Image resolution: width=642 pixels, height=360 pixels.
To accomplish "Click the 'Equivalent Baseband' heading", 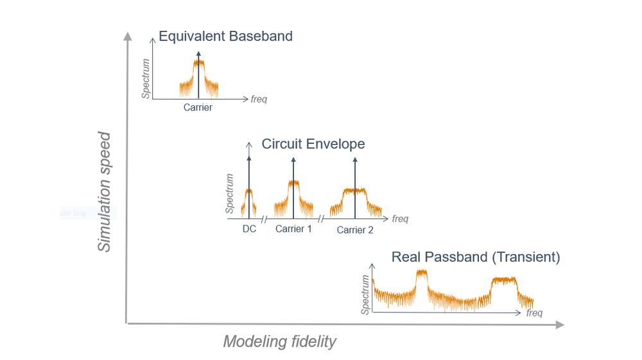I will tap(225, 36).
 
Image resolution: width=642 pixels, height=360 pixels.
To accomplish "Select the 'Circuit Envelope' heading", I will tap(313, 144).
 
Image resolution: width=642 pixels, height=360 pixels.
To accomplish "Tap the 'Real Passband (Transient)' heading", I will tap(476, 257).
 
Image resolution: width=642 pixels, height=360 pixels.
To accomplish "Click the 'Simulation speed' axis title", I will tap(105, 192).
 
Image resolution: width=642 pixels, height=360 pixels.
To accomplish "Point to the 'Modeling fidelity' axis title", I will tap(279, 341).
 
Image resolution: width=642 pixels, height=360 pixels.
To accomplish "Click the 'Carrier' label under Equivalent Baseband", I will tap(198, 108).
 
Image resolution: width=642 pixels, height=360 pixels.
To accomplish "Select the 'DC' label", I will tap(249, 228).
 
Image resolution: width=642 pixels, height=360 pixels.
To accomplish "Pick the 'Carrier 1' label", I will tap(293, 228).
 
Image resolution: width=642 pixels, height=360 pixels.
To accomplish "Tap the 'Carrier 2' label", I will tap(355, 230).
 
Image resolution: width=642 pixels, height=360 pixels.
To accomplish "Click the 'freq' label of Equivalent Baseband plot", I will tap(259, 99).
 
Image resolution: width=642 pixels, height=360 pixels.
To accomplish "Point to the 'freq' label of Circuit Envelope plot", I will tap(400, 219).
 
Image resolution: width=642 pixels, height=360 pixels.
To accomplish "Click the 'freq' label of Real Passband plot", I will tap(534, 313).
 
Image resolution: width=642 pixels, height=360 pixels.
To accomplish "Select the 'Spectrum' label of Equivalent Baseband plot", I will tap(147, 78).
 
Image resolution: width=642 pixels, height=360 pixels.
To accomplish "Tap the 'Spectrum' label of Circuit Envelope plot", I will tap(229, 193).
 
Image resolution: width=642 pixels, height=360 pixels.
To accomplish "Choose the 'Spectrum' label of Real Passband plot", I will tap(366, 295).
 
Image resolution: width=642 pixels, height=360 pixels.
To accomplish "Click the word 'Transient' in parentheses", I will tap(530, 257).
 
